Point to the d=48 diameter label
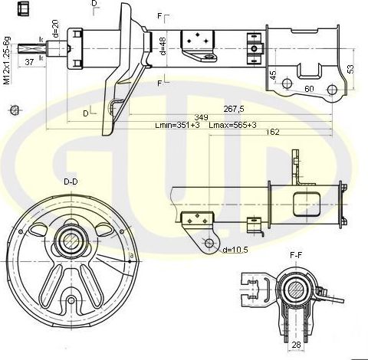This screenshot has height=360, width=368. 163,46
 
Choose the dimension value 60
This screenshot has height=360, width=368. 310,90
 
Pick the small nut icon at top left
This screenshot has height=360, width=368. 26,9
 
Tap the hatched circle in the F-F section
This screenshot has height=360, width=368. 294,290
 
